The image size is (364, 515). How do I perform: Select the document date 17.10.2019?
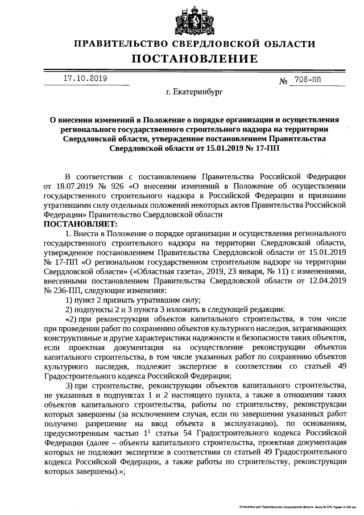[84, 79]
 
